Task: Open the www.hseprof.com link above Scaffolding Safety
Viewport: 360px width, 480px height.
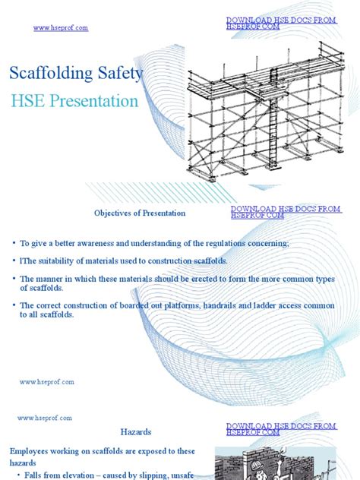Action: pyautogui.click(x=61, y=28)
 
